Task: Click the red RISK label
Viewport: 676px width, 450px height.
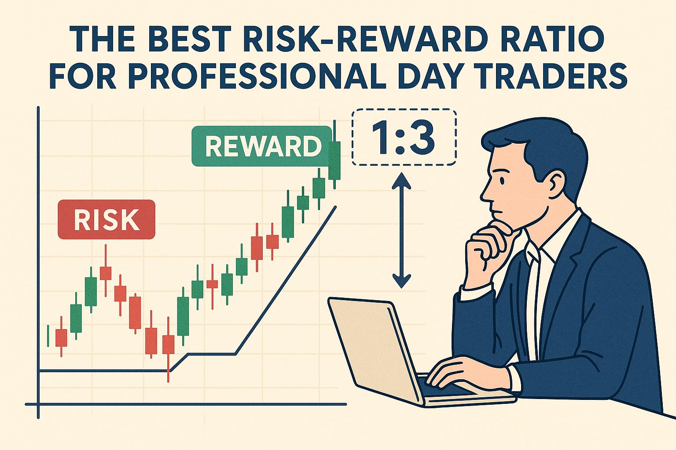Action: pyautogui.click(x=106, y=219)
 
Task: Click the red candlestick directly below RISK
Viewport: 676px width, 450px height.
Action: pyautogui.click(x=106, y=272)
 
